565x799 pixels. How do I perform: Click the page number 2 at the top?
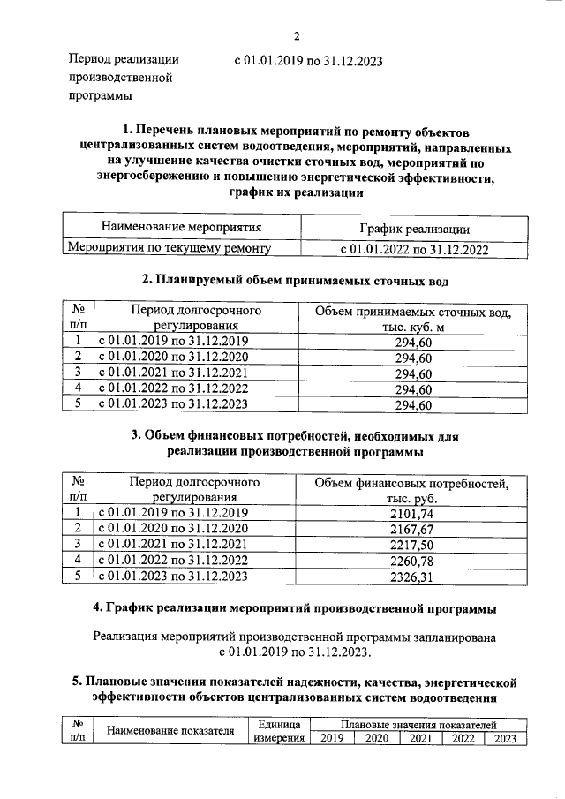click(298, 36)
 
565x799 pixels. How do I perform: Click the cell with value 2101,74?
click(412, 514)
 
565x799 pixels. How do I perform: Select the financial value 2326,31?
click(412, 577)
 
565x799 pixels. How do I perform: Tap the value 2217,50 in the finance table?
click(412, 545)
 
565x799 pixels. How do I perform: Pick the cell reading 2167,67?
click(412, 529)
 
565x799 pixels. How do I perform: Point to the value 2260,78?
click(412, 561)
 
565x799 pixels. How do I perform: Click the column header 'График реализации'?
click(409, 230)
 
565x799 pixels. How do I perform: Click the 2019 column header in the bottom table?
click(331, 739)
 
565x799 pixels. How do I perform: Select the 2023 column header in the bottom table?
click(505, 739)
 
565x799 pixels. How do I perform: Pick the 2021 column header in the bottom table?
click(420, 739)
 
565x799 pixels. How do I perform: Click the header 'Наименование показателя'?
click(170, 731)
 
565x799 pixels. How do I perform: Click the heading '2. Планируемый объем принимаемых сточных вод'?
click(296, 281)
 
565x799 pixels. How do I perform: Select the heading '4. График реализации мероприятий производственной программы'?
click(295, 609)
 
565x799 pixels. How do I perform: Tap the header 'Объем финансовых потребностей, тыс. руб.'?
click(412, 491)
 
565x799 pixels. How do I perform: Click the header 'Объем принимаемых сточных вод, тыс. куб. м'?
click(412, 320)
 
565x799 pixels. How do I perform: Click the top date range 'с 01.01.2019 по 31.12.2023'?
click(308, 62)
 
